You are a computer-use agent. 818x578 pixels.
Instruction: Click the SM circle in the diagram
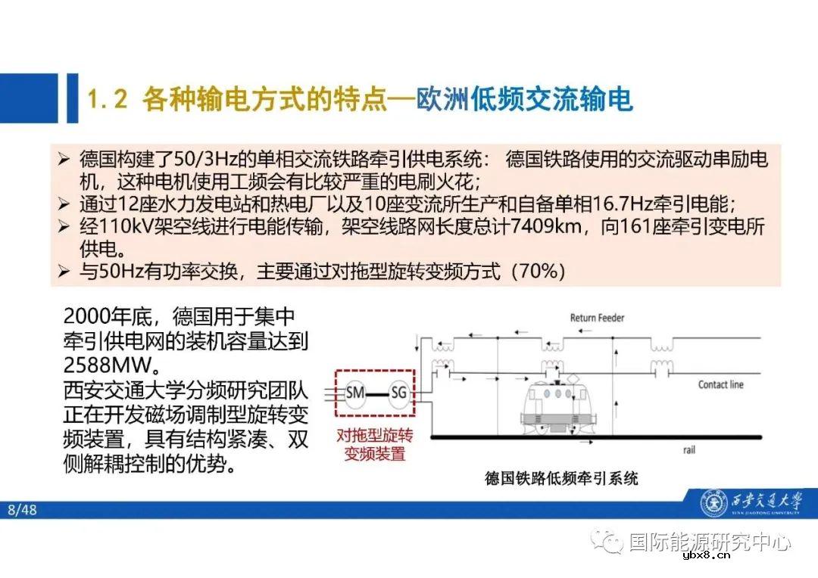point(355,392)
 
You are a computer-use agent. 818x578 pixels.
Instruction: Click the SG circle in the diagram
point(398,392)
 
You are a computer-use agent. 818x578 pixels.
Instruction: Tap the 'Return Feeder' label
point(597,318)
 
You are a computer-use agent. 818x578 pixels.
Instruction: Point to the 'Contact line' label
point(720,384)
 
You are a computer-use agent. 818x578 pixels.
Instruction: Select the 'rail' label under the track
point(688,449)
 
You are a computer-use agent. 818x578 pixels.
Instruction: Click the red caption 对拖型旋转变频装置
point(375,445)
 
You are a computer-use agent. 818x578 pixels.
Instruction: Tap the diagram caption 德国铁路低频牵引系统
point(561,478)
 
